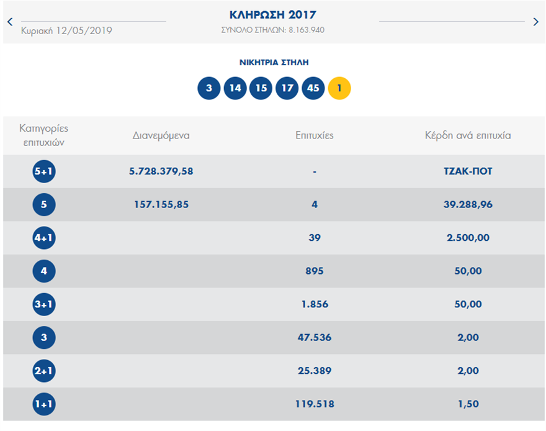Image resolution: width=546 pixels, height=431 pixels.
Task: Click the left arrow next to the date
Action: pos(10,22)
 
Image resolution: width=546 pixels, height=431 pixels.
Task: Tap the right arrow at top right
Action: pos(536,22)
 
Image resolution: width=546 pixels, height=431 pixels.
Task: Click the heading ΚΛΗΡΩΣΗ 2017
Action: pos(273,14)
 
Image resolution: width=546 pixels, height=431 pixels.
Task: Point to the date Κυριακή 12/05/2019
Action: pos(67,30)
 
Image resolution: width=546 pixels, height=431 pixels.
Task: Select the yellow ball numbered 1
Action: pos(339,88)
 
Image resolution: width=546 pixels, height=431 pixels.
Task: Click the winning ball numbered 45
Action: pos(313,88)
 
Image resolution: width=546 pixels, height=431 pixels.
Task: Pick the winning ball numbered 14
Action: pos(235,88)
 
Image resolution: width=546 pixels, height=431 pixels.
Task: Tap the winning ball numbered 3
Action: pos(209,88)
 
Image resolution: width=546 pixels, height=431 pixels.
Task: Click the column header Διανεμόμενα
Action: pos(161,135)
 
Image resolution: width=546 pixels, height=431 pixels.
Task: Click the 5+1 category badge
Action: pos(44,171)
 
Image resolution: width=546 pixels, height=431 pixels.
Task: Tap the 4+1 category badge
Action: pos(44,238)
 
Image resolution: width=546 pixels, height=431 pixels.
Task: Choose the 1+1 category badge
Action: pos(44,404)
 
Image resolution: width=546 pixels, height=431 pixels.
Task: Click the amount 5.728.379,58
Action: pos(161,171)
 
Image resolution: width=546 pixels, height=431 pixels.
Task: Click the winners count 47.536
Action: pos(315,337)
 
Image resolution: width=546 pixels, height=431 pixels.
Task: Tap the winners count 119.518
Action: pos(315,404)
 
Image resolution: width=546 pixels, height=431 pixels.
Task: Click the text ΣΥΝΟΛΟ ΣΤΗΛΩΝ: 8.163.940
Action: pos(273,30)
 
